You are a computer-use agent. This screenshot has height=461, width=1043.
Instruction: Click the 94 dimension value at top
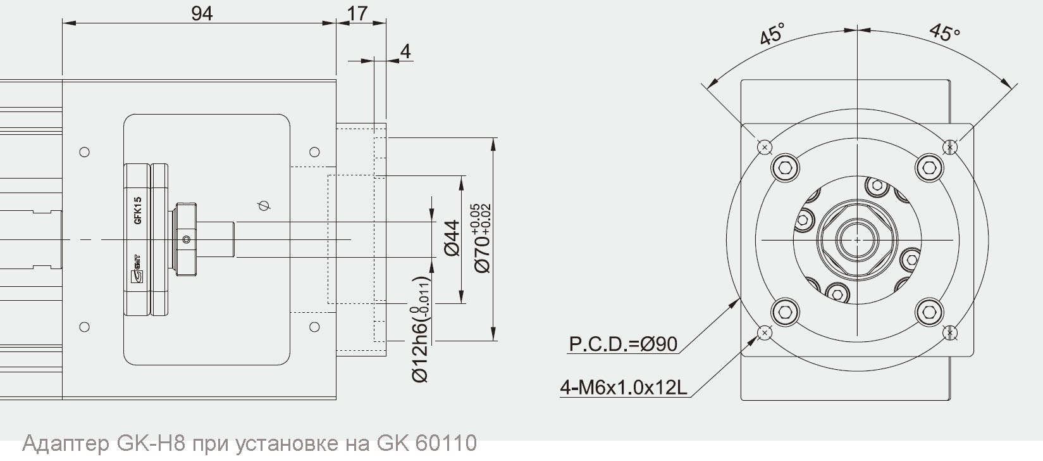202,13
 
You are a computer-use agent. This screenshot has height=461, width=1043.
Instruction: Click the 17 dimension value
357,13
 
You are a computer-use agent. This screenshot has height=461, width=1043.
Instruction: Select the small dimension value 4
405,51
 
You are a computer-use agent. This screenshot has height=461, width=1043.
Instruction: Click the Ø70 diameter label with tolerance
483,237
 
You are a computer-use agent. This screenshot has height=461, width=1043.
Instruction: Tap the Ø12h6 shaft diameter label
421,329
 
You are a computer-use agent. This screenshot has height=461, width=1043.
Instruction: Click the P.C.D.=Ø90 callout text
623,344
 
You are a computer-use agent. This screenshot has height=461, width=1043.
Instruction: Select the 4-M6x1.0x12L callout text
623,387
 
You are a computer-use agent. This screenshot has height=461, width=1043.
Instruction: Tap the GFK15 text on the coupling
138,211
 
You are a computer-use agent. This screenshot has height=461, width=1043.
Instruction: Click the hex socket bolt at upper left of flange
786,168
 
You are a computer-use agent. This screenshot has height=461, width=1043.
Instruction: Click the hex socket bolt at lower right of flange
929,312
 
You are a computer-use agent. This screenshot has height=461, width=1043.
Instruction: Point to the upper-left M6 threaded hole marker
765,147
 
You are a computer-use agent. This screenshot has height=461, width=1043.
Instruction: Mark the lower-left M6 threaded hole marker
765,332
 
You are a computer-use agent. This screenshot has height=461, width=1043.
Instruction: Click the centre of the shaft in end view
857,240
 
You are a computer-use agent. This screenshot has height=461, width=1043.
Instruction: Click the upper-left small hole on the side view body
84,152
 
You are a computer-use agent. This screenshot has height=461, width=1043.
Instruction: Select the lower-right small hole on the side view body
314,327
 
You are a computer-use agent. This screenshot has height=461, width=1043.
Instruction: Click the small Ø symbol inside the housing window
264,206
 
